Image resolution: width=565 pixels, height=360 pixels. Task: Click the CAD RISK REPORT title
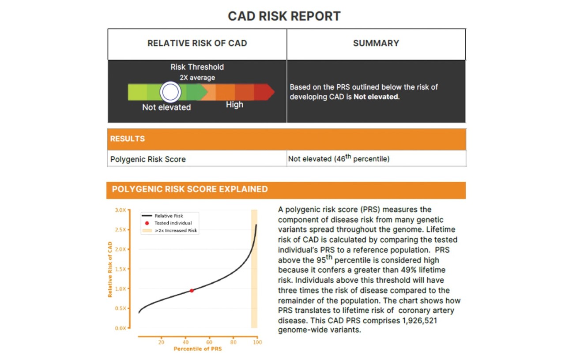point(284,16)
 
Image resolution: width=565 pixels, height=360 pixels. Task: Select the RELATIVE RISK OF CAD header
point(197,43)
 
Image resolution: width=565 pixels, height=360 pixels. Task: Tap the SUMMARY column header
point(376,43)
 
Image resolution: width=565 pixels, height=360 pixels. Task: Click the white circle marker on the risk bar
point(170,92)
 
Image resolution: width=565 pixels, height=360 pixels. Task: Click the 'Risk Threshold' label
point(197,67)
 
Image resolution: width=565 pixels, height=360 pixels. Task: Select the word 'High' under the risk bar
point(234,105)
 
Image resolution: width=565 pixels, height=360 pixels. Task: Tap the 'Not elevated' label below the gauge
point(166,107)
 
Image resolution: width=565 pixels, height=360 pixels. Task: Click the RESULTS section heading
point(128,139)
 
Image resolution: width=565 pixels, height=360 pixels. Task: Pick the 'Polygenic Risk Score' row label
point(148,159)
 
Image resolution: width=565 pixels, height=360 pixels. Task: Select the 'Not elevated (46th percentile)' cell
point(339,159)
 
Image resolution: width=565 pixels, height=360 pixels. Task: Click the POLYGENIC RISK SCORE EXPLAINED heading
point(190,189)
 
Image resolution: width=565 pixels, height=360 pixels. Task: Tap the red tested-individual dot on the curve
point(192,290)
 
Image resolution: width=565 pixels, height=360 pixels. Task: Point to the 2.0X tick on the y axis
point(120,249)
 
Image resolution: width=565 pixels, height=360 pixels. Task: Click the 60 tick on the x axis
point(209,342)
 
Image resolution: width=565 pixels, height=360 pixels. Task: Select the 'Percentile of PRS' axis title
point(198,349)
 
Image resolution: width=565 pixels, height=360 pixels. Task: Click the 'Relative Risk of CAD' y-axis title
point(110,269)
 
